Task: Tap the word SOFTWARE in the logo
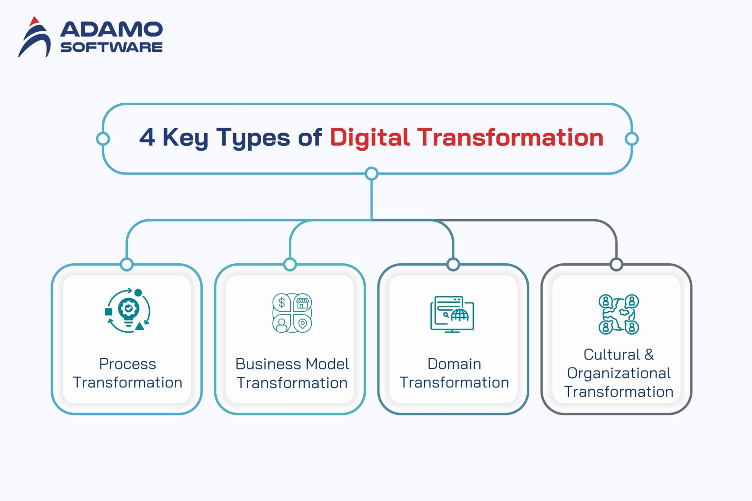point(111,47)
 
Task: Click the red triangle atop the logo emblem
point(34,22)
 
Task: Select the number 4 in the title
point(147,137)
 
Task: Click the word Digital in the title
point(369,137)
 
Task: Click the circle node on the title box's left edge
point(103,139)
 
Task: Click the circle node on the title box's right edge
point(632,139)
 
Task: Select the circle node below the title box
point(372,173)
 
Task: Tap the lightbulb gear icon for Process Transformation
point(128,311)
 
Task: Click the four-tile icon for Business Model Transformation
point(292,313)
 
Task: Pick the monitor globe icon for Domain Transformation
point(452,314)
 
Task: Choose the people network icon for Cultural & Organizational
point(618,314)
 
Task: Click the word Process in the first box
point(127,364)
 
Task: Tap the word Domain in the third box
point(454,364)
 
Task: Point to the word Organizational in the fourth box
point(618,373)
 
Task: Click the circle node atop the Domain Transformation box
point(453,265)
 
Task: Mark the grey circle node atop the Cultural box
point(616,265)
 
